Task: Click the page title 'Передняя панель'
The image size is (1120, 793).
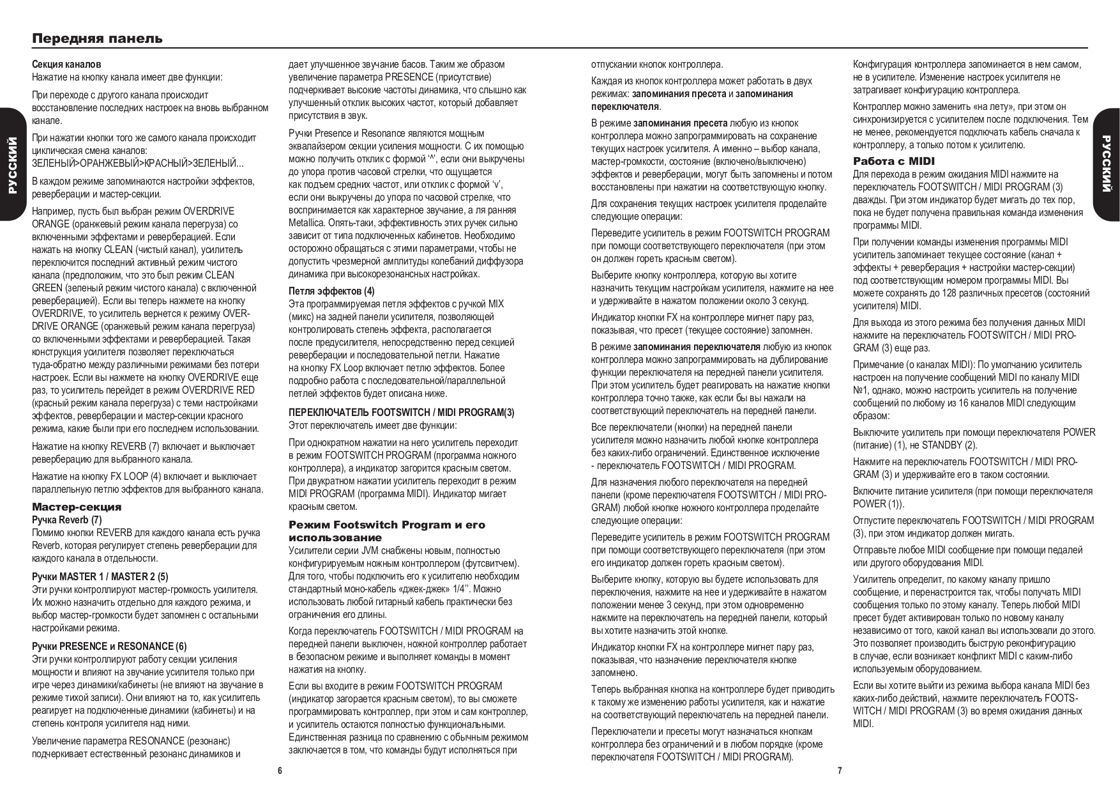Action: pyautogui.click(x=98, y=38)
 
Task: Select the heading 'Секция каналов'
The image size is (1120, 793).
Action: pyautogui.click(x=66, y=65)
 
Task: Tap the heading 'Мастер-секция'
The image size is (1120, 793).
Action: pyautogui.click(x=77, y=507)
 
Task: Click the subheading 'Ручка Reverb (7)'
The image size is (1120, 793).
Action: pyautogui.click(x=66, y=520)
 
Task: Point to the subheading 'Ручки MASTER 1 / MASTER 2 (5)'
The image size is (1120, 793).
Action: pyautogui.click(x=100, y=576)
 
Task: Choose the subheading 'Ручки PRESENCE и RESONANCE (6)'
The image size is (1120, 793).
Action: pyautogui.click(x=109, y=646)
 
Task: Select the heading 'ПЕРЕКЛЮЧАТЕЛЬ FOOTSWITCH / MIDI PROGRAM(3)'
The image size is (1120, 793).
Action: pyautogui.click(x=401, y=412)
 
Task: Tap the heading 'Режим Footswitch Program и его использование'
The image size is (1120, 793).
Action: pyautogui.click(x=386, y=531)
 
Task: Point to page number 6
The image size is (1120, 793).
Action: pyautogui.click(x=280, y=771)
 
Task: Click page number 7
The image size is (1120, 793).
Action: pyautogui.click(x=840, y=771)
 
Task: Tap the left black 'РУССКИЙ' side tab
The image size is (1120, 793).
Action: pyautogui.click(x=12, y=164)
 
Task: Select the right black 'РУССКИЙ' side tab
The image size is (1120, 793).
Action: pyautogui.click(x=1107, y=164)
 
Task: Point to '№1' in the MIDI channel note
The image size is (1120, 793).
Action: pyautogui.click(x=861, y=390)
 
